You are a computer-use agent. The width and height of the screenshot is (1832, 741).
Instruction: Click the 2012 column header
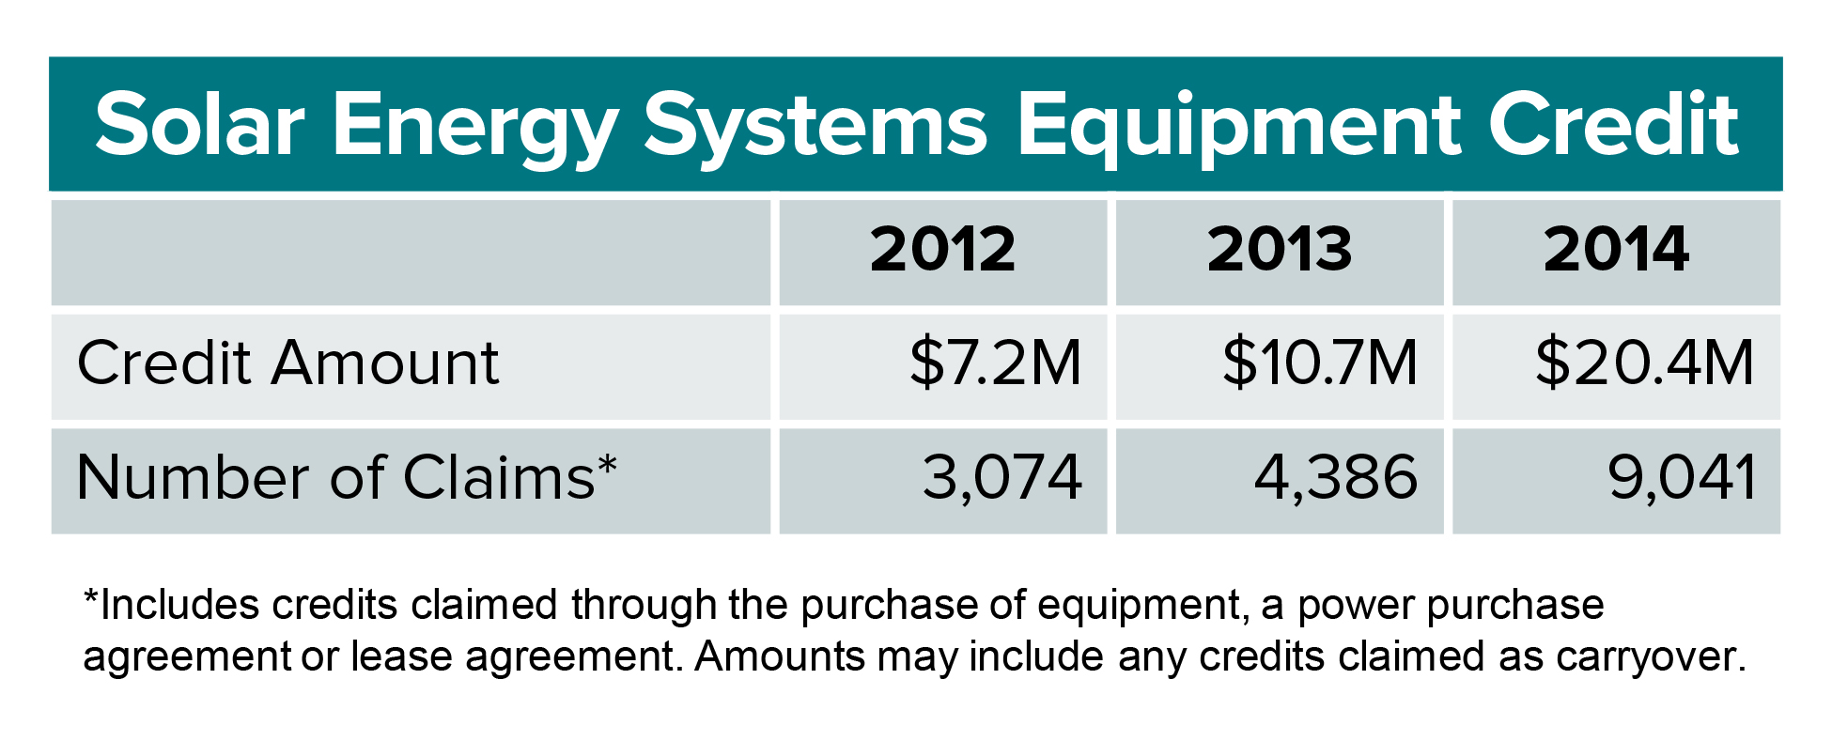click(942, 250)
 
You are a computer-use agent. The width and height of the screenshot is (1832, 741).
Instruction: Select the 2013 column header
click(1280, 250)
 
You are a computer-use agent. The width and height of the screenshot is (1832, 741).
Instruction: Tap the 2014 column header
click(1616, 250)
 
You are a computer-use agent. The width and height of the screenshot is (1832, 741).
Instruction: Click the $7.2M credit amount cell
click(996, 363)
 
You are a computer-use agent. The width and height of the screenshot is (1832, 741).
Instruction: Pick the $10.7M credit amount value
click(1320, 363)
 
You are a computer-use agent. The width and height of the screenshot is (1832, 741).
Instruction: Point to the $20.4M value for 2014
click(1644, 363)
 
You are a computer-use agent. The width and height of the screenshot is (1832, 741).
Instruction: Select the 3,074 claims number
click(1002, 478)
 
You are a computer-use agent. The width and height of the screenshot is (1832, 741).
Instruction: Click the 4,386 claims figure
click(1336, 478)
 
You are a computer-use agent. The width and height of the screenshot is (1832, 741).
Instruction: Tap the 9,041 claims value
click(1682, 478)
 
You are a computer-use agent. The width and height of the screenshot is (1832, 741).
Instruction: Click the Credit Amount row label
click(287, 363)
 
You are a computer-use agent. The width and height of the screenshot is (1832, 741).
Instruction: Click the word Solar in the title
click(200, 125)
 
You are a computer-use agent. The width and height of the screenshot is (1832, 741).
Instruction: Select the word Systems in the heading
click(815, 130)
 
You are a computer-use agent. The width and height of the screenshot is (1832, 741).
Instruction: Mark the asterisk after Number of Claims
click(607, 464)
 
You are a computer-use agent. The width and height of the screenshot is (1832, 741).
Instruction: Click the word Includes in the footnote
click(179, 605)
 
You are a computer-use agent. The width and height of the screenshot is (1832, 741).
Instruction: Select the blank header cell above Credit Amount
click(411, 252)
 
